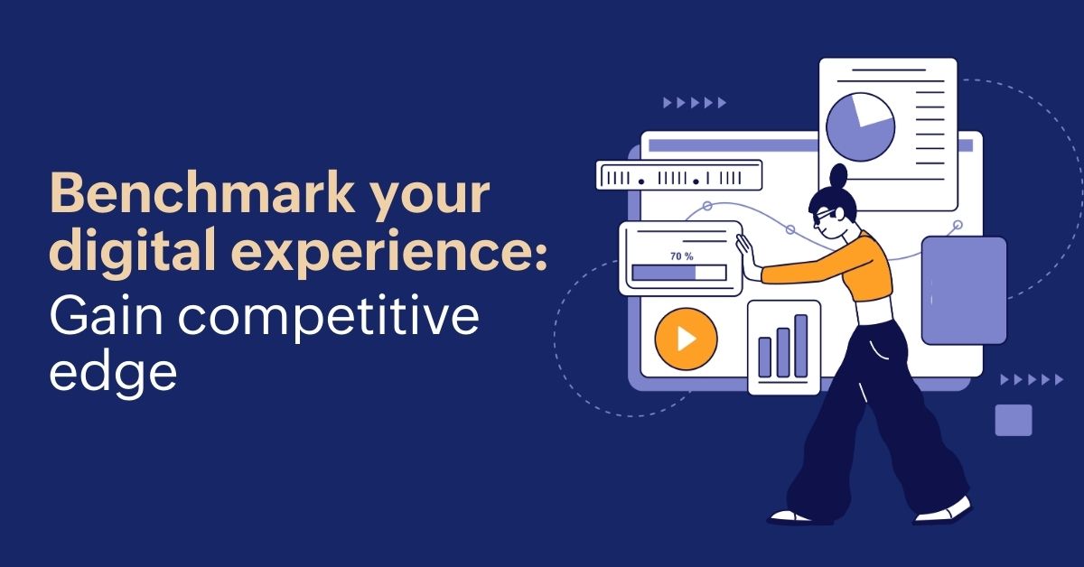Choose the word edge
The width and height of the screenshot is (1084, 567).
(113, 374)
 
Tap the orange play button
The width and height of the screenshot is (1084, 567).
(686, 339)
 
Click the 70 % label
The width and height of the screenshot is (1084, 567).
(682, 256)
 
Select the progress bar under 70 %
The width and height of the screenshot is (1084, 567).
(679, 273)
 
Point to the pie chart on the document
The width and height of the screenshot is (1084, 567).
(860, 127)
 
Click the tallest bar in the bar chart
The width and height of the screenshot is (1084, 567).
(801, 346)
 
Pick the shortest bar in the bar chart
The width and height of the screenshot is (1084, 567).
(764, 357)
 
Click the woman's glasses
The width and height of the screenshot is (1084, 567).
(825, 215)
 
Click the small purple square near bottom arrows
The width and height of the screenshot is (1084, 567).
(1014, 420)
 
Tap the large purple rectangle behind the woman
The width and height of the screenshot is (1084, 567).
(964, 291)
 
